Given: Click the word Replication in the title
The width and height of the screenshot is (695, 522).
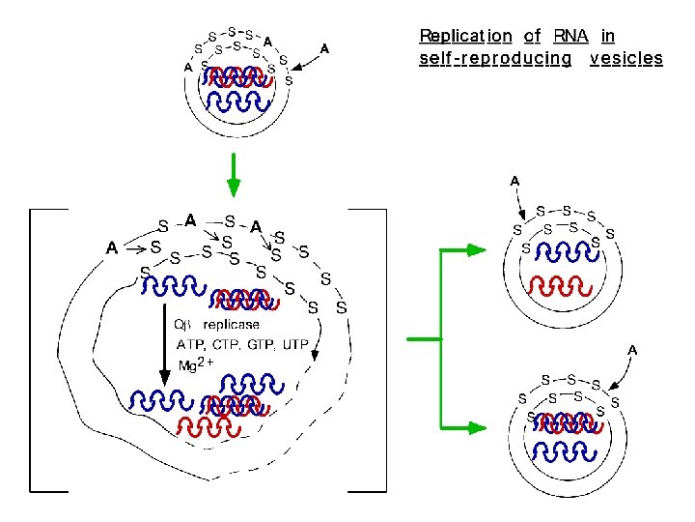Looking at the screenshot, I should coord(465,37).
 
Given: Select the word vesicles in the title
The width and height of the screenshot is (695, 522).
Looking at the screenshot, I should coord(626,59).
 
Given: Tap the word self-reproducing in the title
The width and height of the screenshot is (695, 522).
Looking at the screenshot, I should coord(495,59).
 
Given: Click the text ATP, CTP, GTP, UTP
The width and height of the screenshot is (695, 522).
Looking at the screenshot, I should coord(242,344).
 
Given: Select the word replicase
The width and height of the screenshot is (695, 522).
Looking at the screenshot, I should coord(231,325).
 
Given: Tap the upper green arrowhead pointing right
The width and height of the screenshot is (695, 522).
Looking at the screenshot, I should coord(475,250).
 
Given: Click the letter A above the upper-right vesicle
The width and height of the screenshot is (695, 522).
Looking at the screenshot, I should coord(514,181).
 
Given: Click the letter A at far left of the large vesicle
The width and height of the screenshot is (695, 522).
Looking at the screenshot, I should coord(112,247).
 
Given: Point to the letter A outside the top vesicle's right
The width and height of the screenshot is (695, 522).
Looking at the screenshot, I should coord(324,47).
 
